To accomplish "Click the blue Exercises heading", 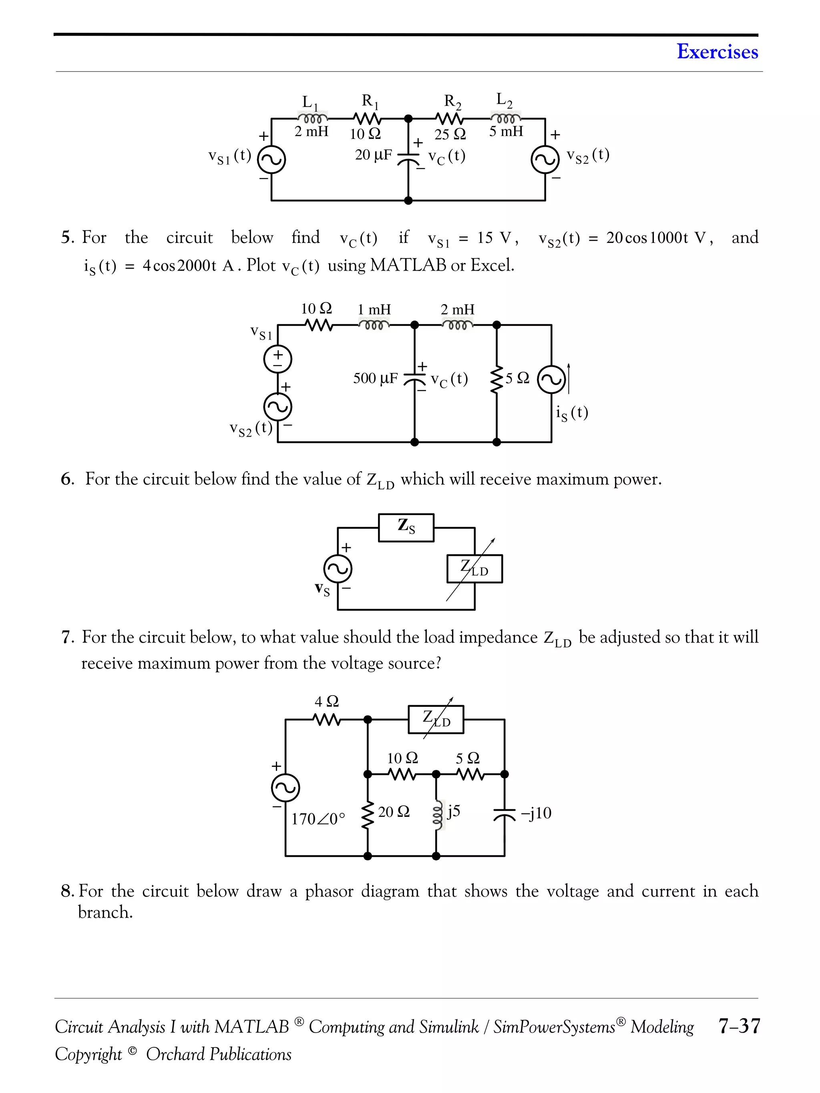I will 717,52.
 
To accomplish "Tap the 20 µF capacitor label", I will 373,155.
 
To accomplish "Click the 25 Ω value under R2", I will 450,134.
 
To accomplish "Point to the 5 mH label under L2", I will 506,131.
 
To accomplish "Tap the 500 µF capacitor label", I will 375,379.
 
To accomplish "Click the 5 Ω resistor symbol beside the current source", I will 496,379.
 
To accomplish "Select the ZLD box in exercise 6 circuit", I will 474,569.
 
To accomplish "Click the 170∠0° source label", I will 318,819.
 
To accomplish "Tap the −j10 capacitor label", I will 536,813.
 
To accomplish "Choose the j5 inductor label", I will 453,811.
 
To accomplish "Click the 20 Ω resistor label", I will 394,812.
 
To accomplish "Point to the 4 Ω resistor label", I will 327,701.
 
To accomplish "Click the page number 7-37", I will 739,1026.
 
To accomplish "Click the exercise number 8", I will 67,891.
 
